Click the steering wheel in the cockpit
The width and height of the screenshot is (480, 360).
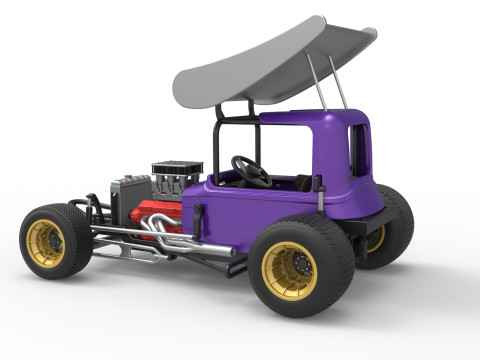coord(251,170)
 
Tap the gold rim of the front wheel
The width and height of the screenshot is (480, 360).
coord(45,243)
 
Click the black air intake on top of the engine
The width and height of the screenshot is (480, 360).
coord(177,167)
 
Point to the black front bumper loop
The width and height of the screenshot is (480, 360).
coord(87,204)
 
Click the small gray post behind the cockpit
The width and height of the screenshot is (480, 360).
coord(319,192)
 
